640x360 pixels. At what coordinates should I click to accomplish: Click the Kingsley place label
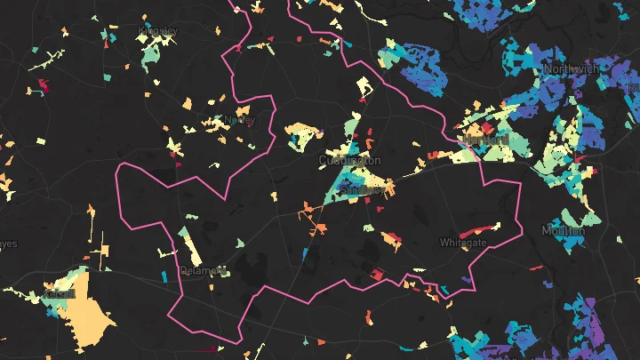click(x=158, y=32)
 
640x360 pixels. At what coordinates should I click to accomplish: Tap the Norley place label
click(x=240, y=120)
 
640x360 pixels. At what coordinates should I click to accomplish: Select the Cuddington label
click(x=349, y=160)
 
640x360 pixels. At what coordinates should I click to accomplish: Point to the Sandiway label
click(x=364, y=190)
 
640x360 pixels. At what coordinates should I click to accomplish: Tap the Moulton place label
click(x=564, y=231)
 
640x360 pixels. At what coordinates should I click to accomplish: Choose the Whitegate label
click(x=463, y=242)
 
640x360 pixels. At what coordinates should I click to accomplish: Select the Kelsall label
click(x=60, y=294)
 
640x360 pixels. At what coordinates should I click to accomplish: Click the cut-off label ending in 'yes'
click(x=7, y=243)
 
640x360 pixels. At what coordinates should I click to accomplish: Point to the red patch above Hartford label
click(x=466, y=125)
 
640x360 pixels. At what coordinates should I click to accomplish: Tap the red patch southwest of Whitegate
click(x=376, y=276)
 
